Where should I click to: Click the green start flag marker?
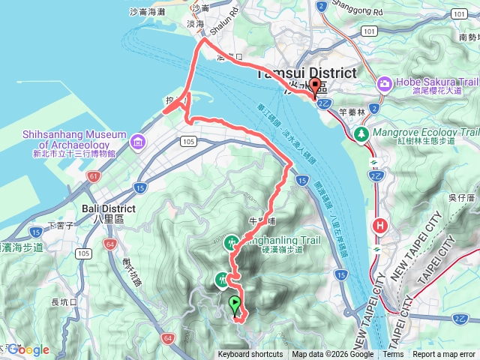point(235,304)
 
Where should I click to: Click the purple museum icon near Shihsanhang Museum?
point(138,141)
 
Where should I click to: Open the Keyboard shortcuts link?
point(250,355)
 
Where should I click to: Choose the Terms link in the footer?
point(392,355)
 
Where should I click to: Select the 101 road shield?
point(368,31)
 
